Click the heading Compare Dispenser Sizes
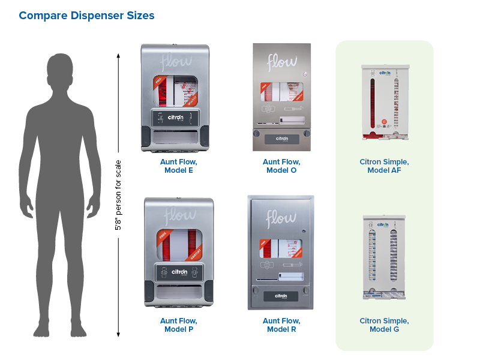(86, 16)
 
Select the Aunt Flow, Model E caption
(178, 166)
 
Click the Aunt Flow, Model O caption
(281, 166)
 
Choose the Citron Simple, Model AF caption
(384, 166)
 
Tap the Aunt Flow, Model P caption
(178, 325)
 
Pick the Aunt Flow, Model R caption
(281, 325)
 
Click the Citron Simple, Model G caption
(384, 325)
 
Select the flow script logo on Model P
(179, 214)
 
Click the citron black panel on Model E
(178, 118)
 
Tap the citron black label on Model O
(281, 138)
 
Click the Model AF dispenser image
(384, 102)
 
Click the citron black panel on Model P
(179, 272)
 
